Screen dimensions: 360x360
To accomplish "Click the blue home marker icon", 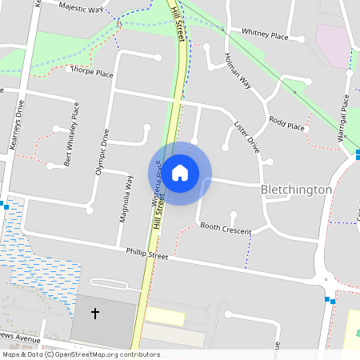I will point(180,172).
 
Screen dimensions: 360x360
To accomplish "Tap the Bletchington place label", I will point(296,190).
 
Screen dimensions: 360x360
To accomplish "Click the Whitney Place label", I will point(264,34).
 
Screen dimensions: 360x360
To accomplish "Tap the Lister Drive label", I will point(246,137).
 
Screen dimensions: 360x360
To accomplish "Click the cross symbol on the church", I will point(95,313).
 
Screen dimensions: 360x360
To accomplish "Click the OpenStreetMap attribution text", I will point(80,354).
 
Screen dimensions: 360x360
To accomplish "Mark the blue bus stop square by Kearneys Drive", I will point(6,206).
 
